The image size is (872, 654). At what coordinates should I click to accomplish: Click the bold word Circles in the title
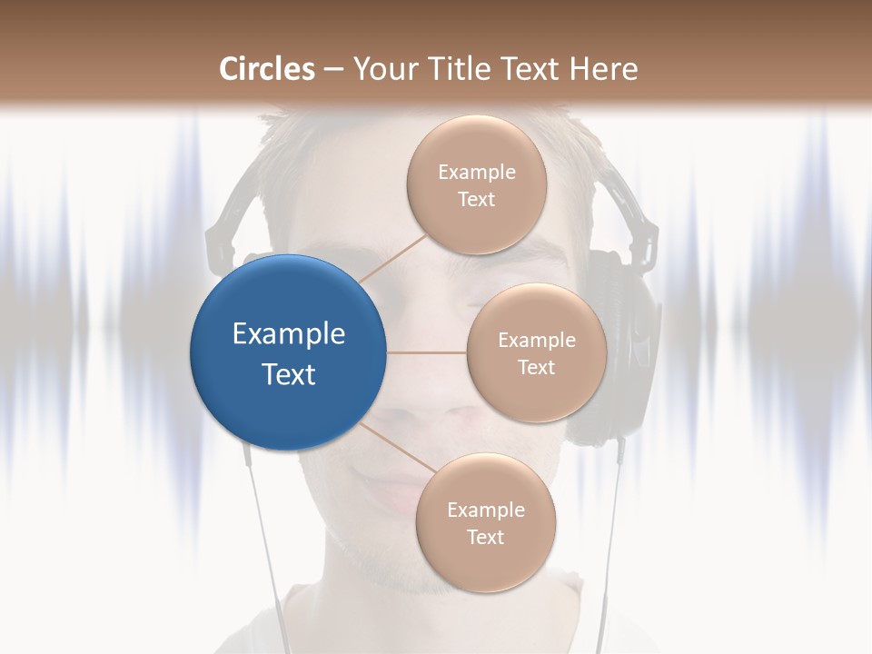point(267,69)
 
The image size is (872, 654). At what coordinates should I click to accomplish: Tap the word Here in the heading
point(604,69)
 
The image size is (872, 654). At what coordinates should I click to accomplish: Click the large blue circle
point(288,352)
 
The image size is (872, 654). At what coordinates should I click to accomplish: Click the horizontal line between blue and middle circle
point(427,352)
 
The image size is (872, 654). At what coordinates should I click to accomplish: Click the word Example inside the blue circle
point(288,334)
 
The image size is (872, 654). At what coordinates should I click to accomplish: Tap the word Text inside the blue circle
point(288,374)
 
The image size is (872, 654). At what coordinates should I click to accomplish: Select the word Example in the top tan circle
point(476,173)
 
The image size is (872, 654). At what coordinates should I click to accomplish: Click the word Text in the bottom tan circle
point(485,537)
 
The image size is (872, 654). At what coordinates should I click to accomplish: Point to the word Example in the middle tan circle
point(536,341)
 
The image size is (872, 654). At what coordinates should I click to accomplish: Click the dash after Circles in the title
point(332,69)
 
